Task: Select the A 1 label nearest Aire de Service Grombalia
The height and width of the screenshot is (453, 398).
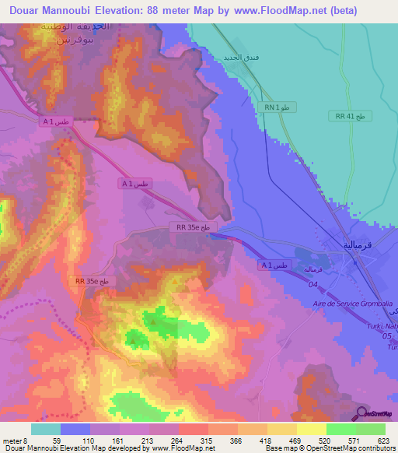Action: (273, 265)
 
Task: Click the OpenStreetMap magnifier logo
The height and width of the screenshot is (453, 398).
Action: (360, 413)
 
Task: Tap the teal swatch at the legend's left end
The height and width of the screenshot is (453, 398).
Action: (46, 429)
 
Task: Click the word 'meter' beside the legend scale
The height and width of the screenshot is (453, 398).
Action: (11, 440)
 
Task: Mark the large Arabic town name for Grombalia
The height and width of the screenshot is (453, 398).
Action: (360, 244)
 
